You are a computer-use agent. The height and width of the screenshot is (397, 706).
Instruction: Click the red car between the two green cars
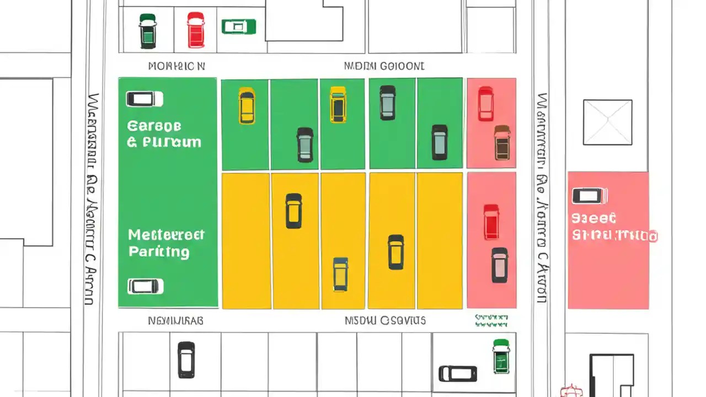click(x=195, y=30)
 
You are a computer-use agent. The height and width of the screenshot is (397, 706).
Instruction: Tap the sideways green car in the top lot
click(x=238, y=26)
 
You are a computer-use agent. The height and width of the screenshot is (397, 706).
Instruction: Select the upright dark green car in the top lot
click(x=147, y=31)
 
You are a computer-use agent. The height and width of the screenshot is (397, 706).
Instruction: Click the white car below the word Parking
click(x=146, y=286)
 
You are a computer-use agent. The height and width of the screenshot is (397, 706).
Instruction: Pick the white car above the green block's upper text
click(x=145, y=99)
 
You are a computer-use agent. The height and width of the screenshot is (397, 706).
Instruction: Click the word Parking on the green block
click(x=159, y=252)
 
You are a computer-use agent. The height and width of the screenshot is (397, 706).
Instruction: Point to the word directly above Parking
click(x=166, y=235)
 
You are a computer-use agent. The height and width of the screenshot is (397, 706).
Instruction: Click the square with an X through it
click(x=607, y=122)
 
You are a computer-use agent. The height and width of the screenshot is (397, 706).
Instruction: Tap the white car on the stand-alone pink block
click(x=590, y=196)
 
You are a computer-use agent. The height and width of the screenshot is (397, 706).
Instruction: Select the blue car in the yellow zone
click(x=340, y=274)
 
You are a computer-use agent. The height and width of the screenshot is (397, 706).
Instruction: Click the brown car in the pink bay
click(x=502, y=142)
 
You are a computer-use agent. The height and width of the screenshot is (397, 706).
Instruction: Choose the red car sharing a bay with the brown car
click(x=485, y=104)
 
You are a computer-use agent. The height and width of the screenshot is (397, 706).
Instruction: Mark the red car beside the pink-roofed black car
click(x=491, y=222)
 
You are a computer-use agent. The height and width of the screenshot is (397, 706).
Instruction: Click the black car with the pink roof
click(x=499, y=265)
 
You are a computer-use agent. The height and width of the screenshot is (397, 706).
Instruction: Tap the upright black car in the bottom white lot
click(x=186, y=360)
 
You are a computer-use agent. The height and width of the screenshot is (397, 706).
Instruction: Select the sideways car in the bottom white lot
click(x=458, y=373)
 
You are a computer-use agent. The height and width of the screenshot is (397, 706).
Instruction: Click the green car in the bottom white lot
click(x=500, y=356)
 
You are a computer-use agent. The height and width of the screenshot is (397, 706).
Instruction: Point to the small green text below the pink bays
click(x=491, y=321)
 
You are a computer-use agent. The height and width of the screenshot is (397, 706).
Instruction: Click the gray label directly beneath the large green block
click(x=175, y=320)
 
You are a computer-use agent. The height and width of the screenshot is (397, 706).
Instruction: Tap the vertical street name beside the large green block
click(x=92, y=198)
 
